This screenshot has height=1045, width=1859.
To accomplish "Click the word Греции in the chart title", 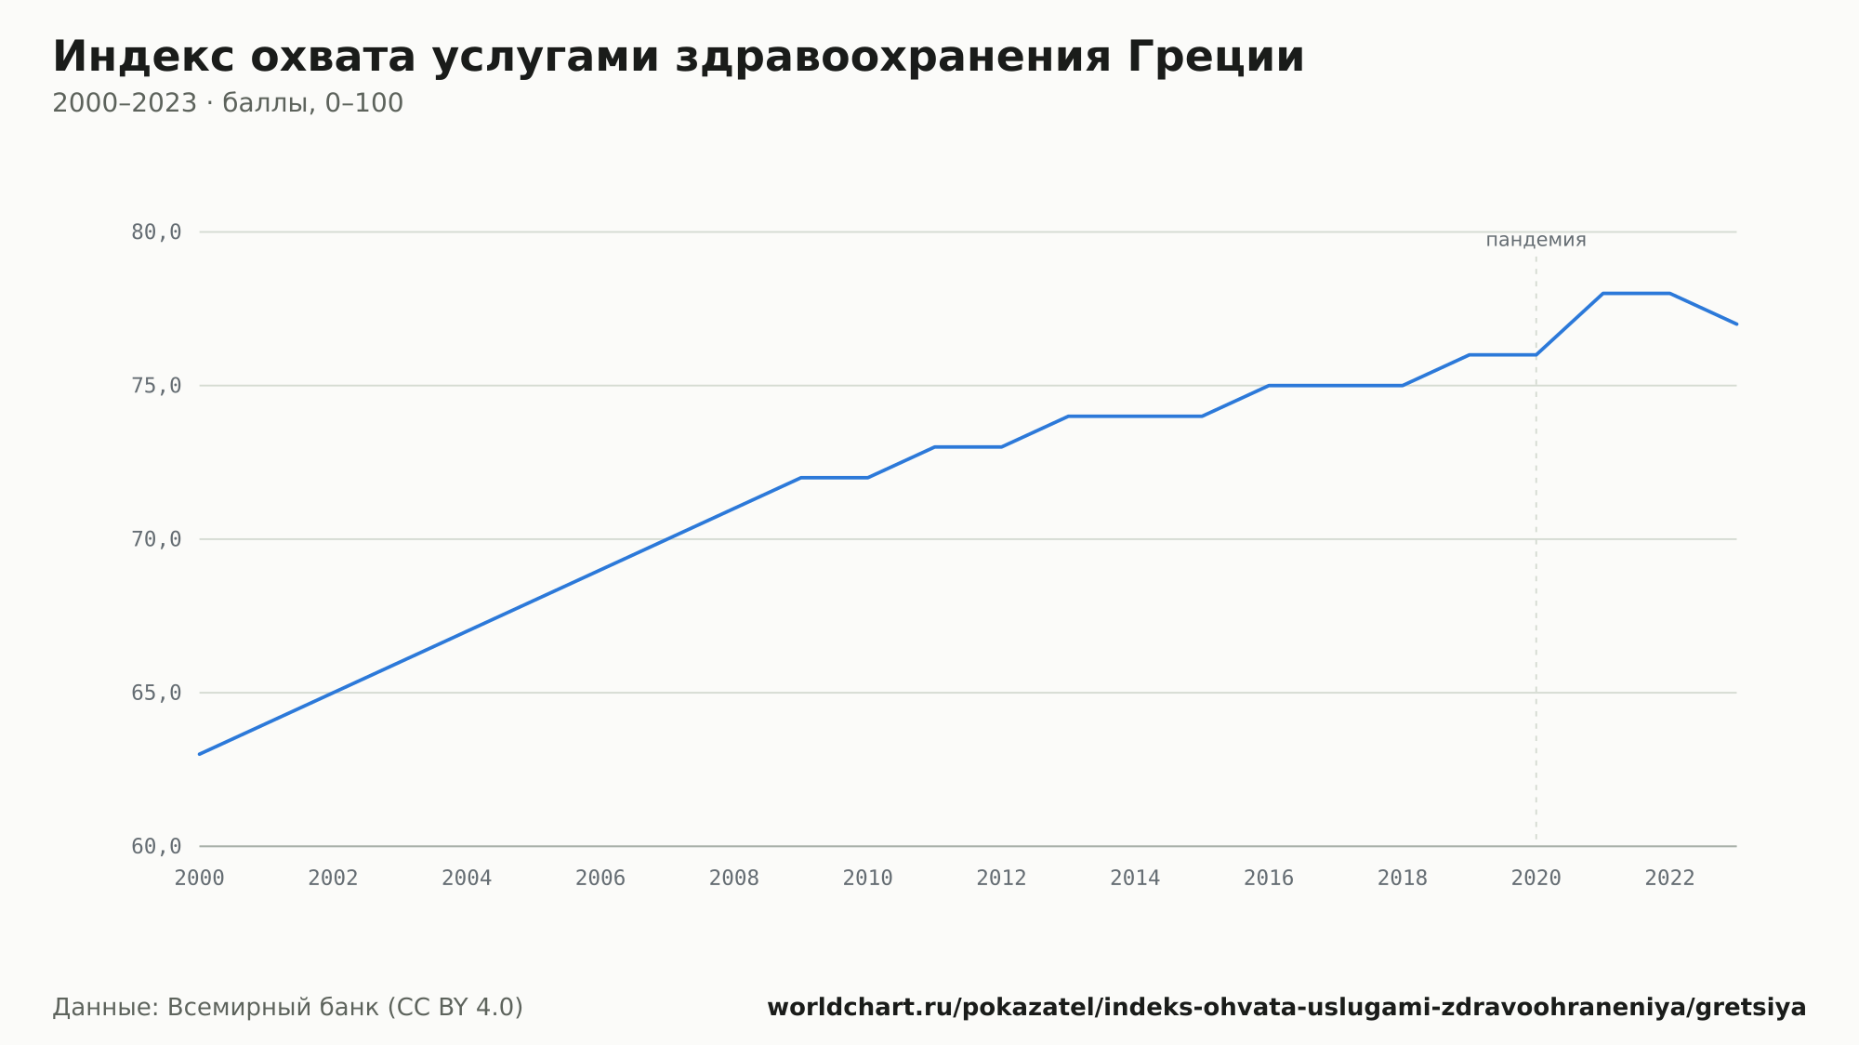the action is [1217, 57].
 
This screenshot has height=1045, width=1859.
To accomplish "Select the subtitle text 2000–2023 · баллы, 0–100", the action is [228, 103].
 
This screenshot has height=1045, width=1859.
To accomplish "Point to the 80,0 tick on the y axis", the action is [156, 232].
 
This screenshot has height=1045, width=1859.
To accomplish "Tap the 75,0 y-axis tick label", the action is [156, 386].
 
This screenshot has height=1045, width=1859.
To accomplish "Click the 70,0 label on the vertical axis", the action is [156, 539].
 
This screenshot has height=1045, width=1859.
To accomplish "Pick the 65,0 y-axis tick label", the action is [156, 693].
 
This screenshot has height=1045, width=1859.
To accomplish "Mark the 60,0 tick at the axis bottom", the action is [156, 846].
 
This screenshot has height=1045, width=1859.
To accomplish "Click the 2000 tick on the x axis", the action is [200, 879].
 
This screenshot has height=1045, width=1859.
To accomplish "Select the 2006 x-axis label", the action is [600, 879].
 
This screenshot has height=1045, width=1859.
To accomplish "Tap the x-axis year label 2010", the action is [868, 879].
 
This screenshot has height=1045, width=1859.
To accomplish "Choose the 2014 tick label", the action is [1135, 879].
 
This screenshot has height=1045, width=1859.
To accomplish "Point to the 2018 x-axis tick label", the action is [1403, 879].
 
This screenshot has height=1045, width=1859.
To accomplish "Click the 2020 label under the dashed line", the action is [1536, 879].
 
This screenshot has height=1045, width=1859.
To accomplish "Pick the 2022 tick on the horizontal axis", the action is [1670, 879].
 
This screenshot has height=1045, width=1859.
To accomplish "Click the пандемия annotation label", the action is [1536, 240].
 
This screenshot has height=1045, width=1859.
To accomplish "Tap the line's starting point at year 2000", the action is [200, 754].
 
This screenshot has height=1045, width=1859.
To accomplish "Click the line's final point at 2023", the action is [1736, 324].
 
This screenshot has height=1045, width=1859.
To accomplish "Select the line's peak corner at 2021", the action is [1603, 294].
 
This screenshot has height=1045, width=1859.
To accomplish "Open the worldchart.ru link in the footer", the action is [1286, 1007].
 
